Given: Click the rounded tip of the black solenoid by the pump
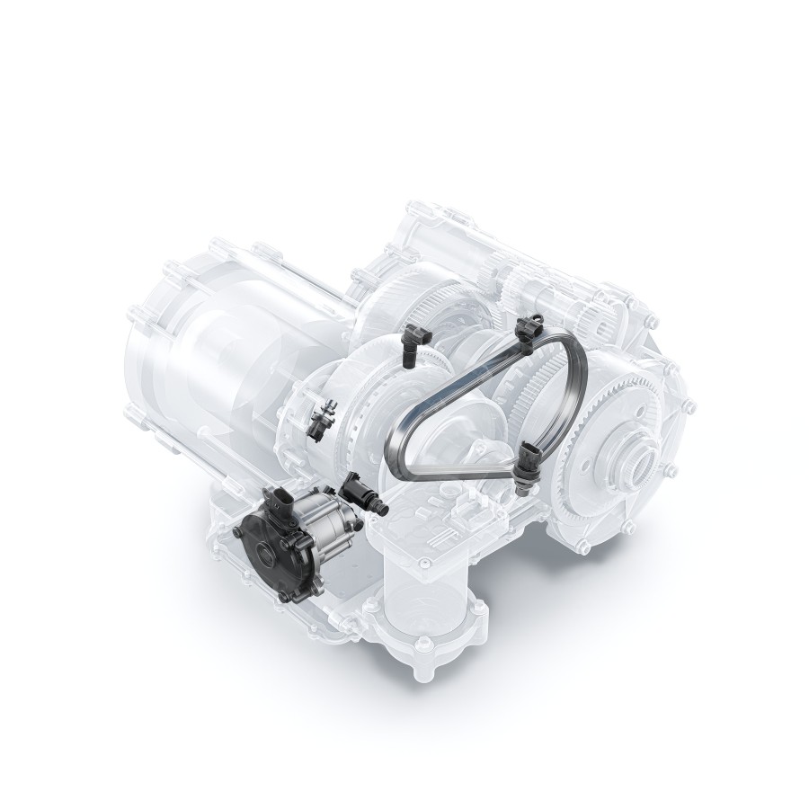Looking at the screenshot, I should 381,510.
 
